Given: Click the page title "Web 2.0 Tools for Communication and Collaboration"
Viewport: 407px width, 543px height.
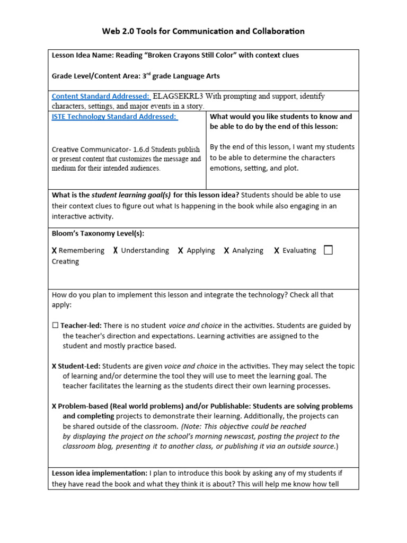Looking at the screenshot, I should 203,31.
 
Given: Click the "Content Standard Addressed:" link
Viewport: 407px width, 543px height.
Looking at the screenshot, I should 100,97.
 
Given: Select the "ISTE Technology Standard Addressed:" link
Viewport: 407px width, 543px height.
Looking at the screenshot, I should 114,117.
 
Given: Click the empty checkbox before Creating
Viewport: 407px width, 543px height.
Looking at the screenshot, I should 328,250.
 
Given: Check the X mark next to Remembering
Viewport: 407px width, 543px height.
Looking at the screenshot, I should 54,251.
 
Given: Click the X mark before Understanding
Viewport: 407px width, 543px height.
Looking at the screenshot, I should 116,251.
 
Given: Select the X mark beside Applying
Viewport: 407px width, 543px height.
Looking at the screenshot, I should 181,251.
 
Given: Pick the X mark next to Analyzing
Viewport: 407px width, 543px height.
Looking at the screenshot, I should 226,251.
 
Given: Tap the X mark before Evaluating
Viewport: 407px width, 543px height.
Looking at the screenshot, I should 277,251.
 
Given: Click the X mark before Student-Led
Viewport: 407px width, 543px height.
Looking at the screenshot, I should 54,366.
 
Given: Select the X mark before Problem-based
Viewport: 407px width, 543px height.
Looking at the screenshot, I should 54,406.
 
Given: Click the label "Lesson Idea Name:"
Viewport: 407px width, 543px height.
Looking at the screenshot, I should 82,56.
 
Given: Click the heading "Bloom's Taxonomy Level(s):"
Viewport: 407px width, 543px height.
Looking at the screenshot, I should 98,233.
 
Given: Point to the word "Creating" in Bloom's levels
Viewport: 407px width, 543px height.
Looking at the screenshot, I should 65,261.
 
